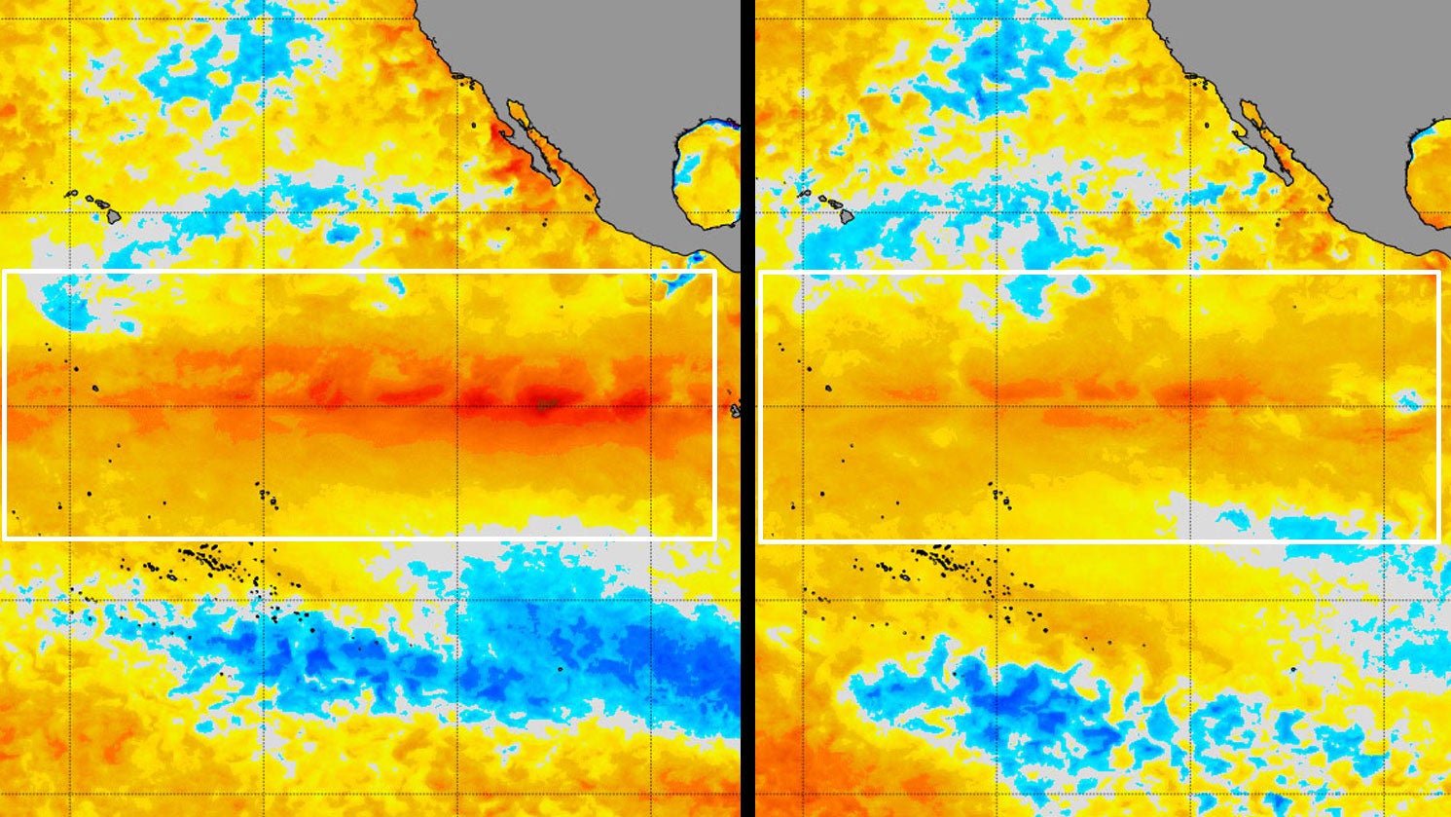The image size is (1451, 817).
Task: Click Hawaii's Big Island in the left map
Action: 113,217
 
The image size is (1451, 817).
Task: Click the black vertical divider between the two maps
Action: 747,409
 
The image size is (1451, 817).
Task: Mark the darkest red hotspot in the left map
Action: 547,402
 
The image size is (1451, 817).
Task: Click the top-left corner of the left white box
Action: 5,272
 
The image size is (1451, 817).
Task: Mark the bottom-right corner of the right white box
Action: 1437,538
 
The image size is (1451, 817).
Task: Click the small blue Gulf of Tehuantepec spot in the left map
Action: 699,260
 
